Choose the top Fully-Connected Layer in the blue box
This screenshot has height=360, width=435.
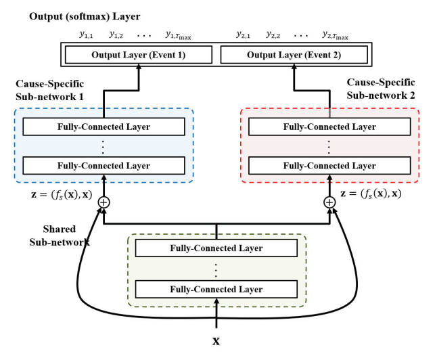click(104, 127)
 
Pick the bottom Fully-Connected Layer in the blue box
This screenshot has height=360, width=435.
click(104, 165)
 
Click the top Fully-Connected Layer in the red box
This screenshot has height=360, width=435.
click(329, 127)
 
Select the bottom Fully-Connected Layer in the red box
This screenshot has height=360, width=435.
click(329, 165)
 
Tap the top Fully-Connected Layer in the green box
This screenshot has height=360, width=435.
click(216, 248)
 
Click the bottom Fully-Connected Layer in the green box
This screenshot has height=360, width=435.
click(216, 289)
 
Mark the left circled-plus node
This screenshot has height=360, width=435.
click(104, 202)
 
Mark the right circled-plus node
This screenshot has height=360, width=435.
click(329, 202)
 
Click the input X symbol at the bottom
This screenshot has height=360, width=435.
click(216, 341)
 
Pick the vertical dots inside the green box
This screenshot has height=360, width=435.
click(216, 269)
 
